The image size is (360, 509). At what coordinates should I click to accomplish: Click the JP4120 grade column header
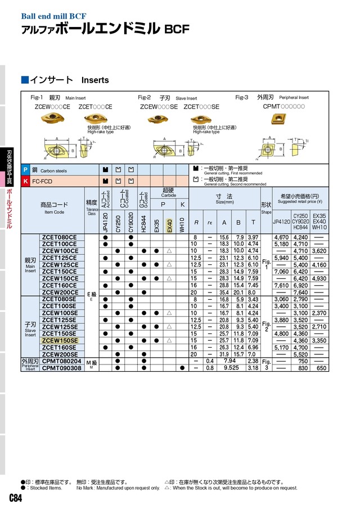(x=105, y=223)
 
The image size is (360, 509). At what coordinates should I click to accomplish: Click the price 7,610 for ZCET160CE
(x=281, y=285)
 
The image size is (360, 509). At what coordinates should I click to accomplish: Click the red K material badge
(x=25, y=181)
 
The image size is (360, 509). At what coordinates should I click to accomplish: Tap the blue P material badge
(x=25, y=170)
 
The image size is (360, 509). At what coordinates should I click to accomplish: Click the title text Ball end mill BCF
(x=54, y=16)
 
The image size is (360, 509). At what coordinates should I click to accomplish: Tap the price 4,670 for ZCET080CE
(x=281, y=237)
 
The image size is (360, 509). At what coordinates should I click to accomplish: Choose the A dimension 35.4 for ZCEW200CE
(x=224, y=292)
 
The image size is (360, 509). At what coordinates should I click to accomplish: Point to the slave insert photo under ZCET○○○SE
(x=201, y=119)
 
